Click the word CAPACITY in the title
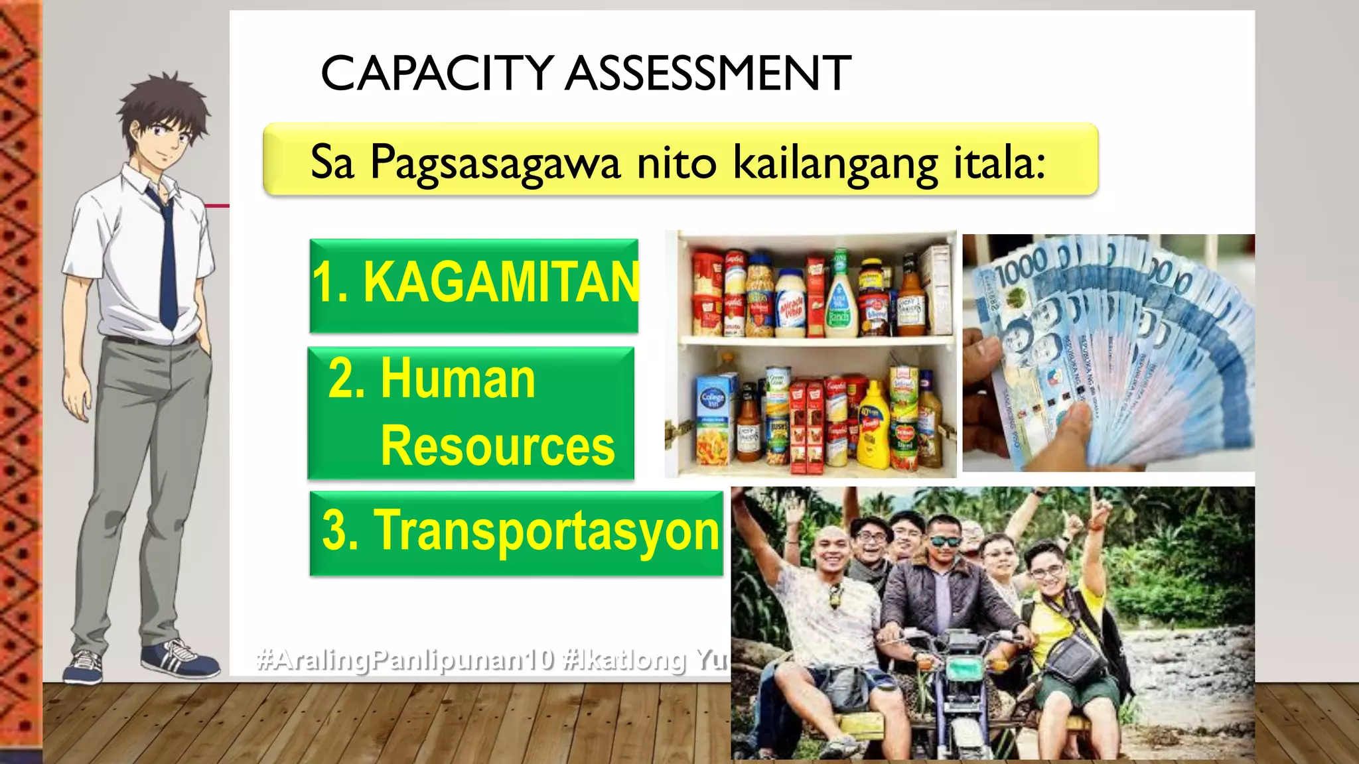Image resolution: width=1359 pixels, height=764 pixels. (437, 73)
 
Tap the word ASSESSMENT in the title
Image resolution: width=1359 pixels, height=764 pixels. (708, 73)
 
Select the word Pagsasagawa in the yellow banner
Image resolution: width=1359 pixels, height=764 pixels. (494, 162)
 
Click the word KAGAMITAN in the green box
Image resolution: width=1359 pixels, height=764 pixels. (501, 283)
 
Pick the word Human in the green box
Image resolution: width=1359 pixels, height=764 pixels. (458, 379)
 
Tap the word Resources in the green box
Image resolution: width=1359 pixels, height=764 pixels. (498, 446)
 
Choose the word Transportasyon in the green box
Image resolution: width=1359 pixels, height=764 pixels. (547, 531)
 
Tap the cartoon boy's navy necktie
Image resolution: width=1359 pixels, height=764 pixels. (167, 265)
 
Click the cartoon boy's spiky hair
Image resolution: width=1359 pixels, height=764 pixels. (163, 99)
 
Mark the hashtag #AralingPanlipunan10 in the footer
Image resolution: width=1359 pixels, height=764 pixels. (405, 660)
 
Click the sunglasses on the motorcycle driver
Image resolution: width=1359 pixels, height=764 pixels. (944, 541)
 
